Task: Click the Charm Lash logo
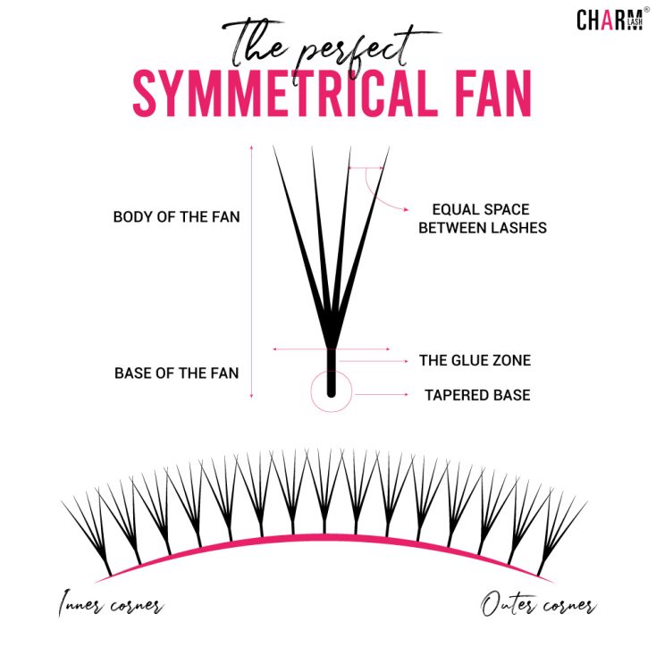(608, 20)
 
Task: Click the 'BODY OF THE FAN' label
(176, 217)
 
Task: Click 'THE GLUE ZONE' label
(475, 361)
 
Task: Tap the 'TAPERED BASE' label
(477, 394)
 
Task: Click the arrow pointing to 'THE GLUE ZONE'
(375, 361)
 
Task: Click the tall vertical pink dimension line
(253, 268)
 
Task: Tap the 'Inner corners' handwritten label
(111, 605)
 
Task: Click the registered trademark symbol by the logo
(646, 10)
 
